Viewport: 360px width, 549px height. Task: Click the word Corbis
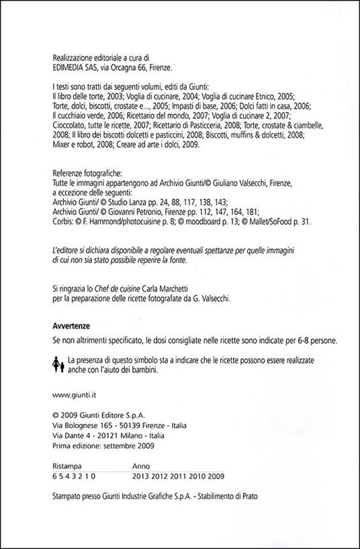click(x=62, y=220)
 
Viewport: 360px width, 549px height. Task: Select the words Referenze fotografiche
click(x=87, y=172)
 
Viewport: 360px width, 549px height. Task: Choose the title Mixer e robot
click(x=75, y=144)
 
